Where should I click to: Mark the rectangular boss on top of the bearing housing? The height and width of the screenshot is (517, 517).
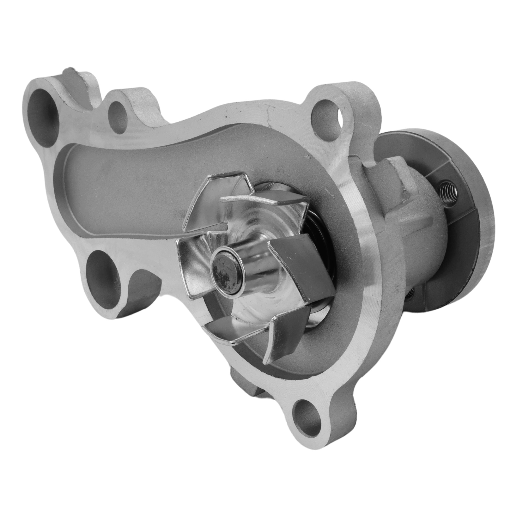(x=396, y=171)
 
